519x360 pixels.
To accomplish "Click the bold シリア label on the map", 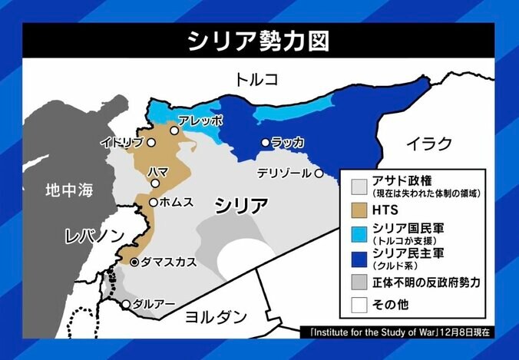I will point(241,205).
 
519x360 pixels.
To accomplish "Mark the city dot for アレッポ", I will point(175,131).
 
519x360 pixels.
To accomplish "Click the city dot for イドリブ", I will point(152,142).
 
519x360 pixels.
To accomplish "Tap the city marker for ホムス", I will point(154,203).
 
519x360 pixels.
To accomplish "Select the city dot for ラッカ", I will point(266,142).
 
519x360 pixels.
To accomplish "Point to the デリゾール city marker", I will point(319,173).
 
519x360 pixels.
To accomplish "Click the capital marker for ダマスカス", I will point(135,263).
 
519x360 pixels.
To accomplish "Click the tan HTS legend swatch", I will point(359,208).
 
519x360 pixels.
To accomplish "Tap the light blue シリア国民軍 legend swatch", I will point(359,232).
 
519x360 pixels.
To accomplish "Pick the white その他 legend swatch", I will point(359,306).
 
